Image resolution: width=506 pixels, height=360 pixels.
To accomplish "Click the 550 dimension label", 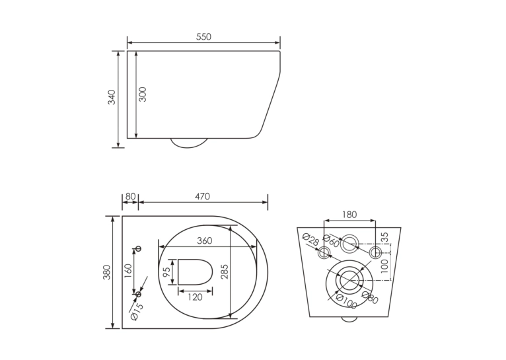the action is [203, 37].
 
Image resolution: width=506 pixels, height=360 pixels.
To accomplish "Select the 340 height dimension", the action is [112, 97].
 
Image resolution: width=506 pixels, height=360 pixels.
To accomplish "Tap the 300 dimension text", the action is [142, 94].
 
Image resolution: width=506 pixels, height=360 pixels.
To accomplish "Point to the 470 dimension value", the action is [202, 196].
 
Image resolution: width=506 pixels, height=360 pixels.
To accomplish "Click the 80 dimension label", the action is [130, 196].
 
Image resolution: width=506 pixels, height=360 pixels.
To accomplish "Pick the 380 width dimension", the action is [107, 272].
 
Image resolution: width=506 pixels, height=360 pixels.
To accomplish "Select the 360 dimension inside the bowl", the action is [205, 240].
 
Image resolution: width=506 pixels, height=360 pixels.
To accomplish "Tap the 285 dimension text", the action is [225, 271].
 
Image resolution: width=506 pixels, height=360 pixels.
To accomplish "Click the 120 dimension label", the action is [195, 297].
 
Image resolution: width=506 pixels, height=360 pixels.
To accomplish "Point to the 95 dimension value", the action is [166, 272].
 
